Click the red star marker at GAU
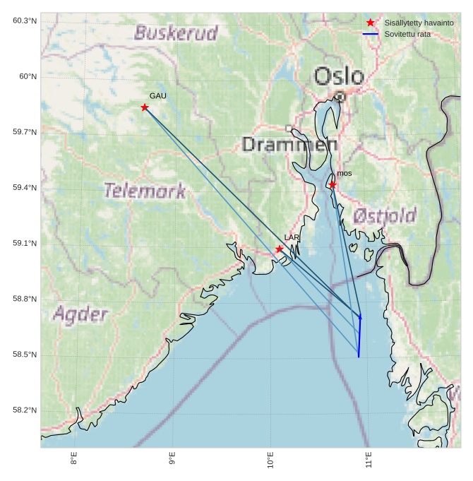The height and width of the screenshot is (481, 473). (145, 107)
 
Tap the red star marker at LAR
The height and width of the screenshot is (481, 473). (280, 249)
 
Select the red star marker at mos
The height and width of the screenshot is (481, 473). (332, 184)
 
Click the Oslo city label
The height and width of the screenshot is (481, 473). (339, 76)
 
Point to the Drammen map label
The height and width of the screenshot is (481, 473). (289, 145)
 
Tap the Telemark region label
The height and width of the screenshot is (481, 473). (145, 190)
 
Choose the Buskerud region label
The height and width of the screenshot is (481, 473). (176, 33)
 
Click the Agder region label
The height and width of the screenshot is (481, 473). (80, 314)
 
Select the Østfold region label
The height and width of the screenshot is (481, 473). (385, 215)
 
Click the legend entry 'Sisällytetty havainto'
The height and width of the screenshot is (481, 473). (419, 23)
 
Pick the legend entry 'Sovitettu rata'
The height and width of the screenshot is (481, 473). (407, 34)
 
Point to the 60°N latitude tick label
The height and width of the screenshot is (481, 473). (25, 76)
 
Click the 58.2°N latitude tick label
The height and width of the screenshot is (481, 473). (25, 410)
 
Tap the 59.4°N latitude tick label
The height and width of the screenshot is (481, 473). (25, 188)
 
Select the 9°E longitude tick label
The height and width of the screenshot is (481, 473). (172, 459)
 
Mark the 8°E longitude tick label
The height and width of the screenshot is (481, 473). (74, 459)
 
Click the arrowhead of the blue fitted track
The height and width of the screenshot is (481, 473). (360, 317)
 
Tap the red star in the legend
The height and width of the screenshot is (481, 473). (371, 23)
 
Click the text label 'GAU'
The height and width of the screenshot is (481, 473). (158, 95)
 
